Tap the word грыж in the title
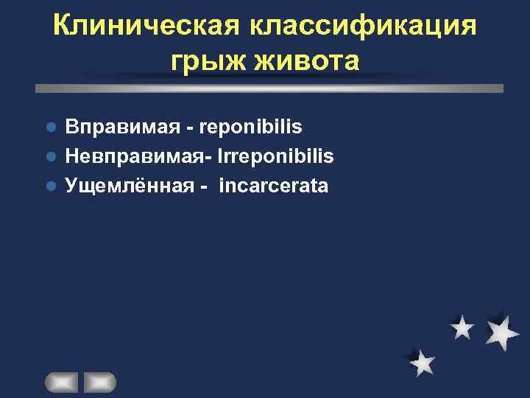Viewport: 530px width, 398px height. click(202, 60)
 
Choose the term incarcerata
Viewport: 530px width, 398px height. click(273, 186)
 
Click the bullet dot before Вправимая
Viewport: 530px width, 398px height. click(51, 127)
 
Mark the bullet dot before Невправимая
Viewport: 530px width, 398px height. click(51, 156)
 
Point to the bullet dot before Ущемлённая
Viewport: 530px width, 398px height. click(51, 186)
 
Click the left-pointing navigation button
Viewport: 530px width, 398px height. click(61, 383)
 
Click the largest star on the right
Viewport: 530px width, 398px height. click(503, 331)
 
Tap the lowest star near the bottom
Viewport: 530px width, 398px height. click(422, 362)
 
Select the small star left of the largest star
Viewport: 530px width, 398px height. click(462, 327)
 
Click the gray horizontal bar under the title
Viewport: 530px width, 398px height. click(269, 88)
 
